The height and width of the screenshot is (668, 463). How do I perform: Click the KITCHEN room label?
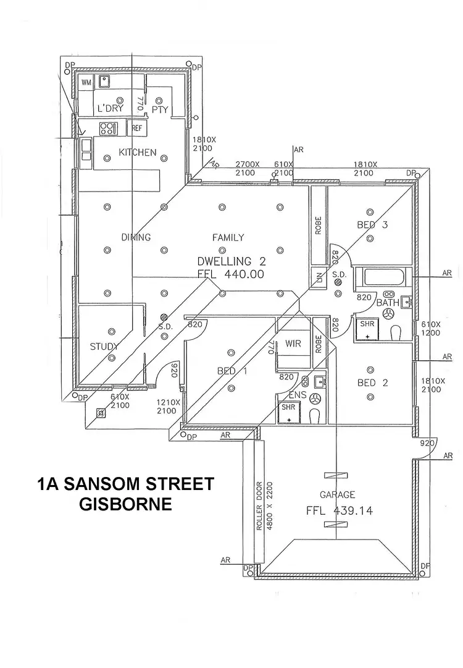click(x=138, y=152)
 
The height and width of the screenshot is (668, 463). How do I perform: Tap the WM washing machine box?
click(x=86, y=82)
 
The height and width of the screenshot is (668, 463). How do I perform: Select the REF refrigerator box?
click(x=135, y=128)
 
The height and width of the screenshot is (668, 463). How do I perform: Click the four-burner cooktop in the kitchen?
click(x=108, y=129)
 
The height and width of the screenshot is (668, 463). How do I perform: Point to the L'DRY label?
click(x=111, y=109)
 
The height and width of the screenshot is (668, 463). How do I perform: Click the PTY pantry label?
click(x=160, y=109)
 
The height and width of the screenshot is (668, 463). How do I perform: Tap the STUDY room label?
click(x=104, y=347)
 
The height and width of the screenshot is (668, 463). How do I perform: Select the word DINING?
click(x=136, y=237)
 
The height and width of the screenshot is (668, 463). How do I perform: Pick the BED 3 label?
click(x=372, y=225)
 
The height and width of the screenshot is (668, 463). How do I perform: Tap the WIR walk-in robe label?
click(x=294, y=344)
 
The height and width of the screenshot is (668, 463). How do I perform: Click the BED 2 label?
click(x=373, y=383)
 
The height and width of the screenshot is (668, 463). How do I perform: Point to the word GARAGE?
click(x=337, y=494)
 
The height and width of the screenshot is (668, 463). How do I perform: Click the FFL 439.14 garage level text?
click(x=339, y=511)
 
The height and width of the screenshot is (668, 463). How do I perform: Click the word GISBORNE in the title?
click(x=125, y=504)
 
